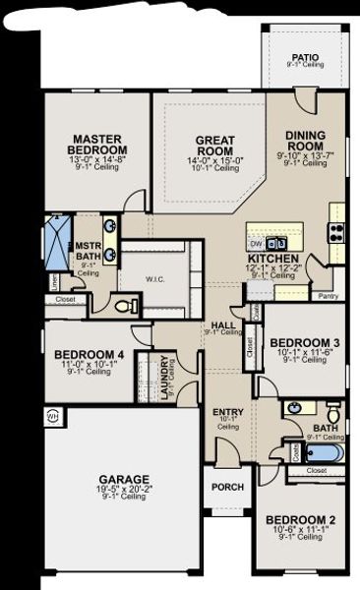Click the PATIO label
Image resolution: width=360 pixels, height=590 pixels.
click(308, 57)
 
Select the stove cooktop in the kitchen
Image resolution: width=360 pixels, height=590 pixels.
click(337, 233)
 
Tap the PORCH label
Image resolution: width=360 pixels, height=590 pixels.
click(227, 486)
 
